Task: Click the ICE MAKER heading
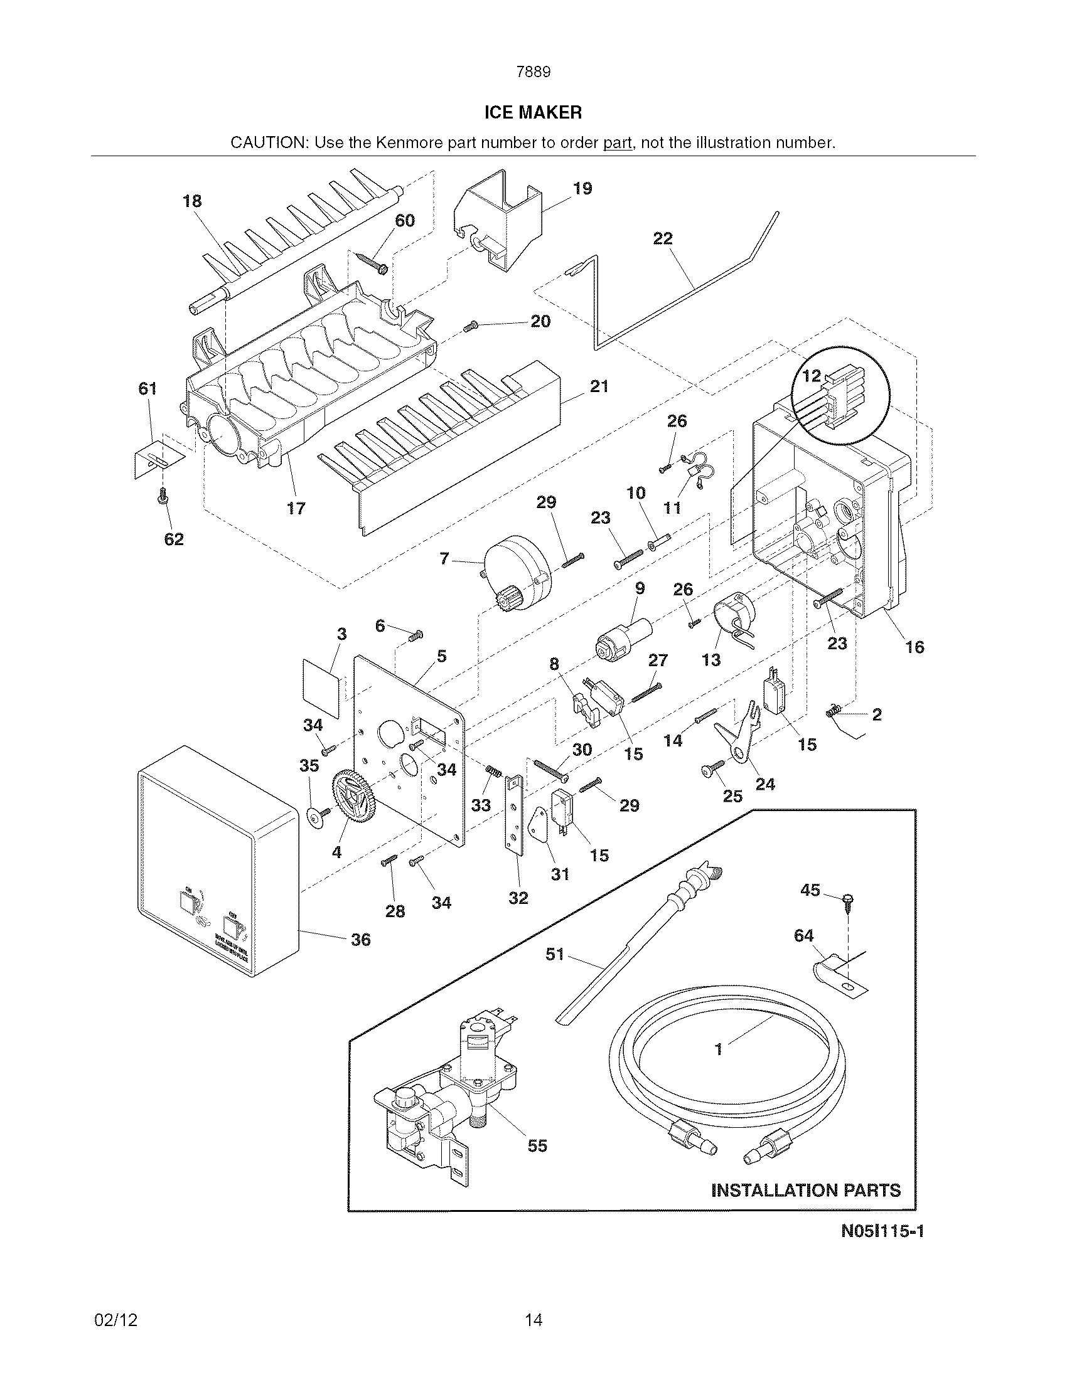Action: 533,112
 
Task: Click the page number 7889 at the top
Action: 533,72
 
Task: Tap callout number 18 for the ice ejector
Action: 192,201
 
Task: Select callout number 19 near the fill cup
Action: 582,188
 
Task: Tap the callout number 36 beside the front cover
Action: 360,940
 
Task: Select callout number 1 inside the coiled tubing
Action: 718,1049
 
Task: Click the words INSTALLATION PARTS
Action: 806,1191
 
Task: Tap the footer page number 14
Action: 533,1319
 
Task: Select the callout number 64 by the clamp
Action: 803,935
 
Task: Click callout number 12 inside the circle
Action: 812,376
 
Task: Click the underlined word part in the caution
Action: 617,143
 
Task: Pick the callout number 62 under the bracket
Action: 174,539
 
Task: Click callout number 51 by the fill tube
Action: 554,953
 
